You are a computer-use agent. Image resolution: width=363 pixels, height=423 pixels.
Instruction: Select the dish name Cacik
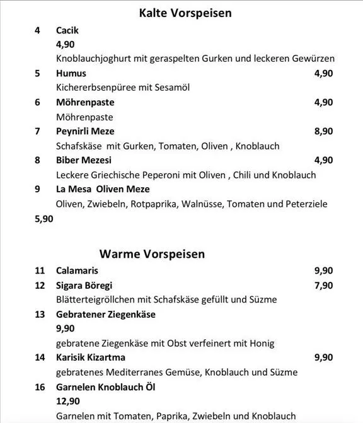[x=67, y=30]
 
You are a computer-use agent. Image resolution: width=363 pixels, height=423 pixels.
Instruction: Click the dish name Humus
[x=71, y=74]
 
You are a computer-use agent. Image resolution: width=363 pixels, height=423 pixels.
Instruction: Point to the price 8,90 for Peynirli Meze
[x=323, y=131]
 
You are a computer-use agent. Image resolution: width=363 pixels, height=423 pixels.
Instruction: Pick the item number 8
[x=37, y=160]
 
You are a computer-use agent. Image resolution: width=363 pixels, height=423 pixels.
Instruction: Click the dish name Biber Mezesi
[x=84, y=160]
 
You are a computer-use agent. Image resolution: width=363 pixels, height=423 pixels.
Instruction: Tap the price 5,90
[x=43, y=219]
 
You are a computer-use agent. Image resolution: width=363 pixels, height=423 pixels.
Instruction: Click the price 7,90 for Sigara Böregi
[x=323, y=286]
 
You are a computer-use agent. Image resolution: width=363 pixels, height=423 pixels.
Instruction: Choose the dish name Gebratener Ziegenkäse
[x=106, y=314]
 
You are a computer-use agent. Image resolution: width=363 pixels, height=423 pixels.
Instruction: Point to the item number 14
[x=40, y=357]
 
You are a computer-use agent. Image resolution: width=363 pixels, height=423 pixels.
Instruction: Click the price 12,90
[x=68, y=401]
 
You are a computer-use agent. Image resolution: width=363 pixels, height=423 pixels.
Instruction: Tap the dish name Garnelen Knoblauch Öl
[x=106, y=386]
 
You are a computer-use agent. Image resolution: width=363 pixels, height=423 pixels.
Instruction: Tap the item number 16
[x=40, y=386]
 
